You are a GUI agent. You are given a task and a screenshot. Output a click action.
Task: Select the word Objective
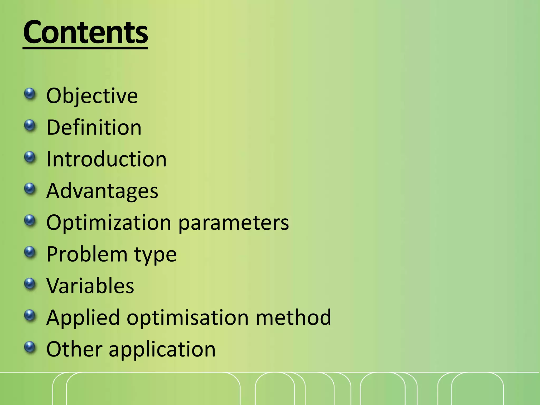click(92, 96)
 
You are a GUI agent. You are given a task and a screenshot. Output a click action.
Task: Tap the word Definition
click(94, 127)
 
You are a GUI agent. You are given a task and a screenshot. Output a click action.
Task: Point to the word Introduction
click(106, 159)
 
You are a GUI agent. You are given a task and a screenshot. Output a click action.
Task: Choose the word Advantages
click(102, 191)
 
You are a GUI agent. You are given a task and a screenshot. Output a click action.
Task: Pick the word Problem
click(87, 254)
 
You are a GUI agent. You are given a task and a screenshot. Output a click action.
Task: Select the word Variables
click(90, 286)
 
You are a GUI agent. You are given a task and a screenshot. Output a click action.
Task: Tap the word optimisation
click(188, 318)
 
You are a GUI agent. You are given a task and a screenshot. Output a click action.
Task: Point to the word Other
click(74, 349)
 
